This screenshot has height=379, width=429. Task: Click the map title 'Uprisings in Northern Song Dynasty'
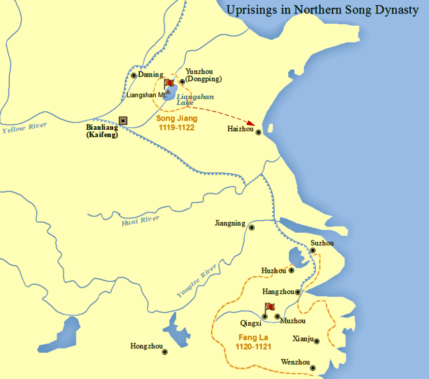pyautogui.click(x=323, y=10)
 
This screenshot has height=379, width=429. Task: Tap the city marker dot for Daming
pyautogui.click(x=134, y=75)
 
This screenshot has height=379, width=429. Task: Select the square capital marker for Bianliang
pyautogui.click(x=123, y=120)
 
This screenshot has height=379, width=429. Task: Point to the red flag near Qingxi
pyautogui.click(x=269, y=307)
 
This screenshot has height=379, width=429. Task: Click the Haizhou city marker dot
pyautogui.click(x=259, y=132)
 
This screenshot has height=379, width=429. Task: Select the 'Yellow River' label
pyautogui.click(x=24, y=128)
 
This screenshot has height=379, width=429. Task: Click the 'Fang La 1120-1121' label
pyautogui.click(x=253, y=342)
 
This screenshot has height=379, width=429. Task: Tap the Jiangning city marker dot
pyautogui.click(x=251, y=227)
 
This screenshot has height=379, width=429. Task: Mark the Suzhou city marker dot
pyautogui.click(x=313, y=251)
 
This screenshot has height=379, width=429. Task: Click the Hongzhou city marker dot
pyautogui.click(x=164, y=352)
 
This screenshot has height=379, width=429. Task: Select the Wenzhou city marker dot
pyautogui.click(x=313, y=368)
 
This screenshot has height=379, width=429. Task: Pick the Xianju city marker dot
pyautogui.click(x=317, y=341)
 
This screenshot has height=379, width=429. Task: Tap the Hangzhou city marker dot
pyautogui.click(x=298, y=292)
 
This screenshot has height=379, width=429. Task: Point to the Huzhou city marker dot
pyautogui.click(x=291, y=271)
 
